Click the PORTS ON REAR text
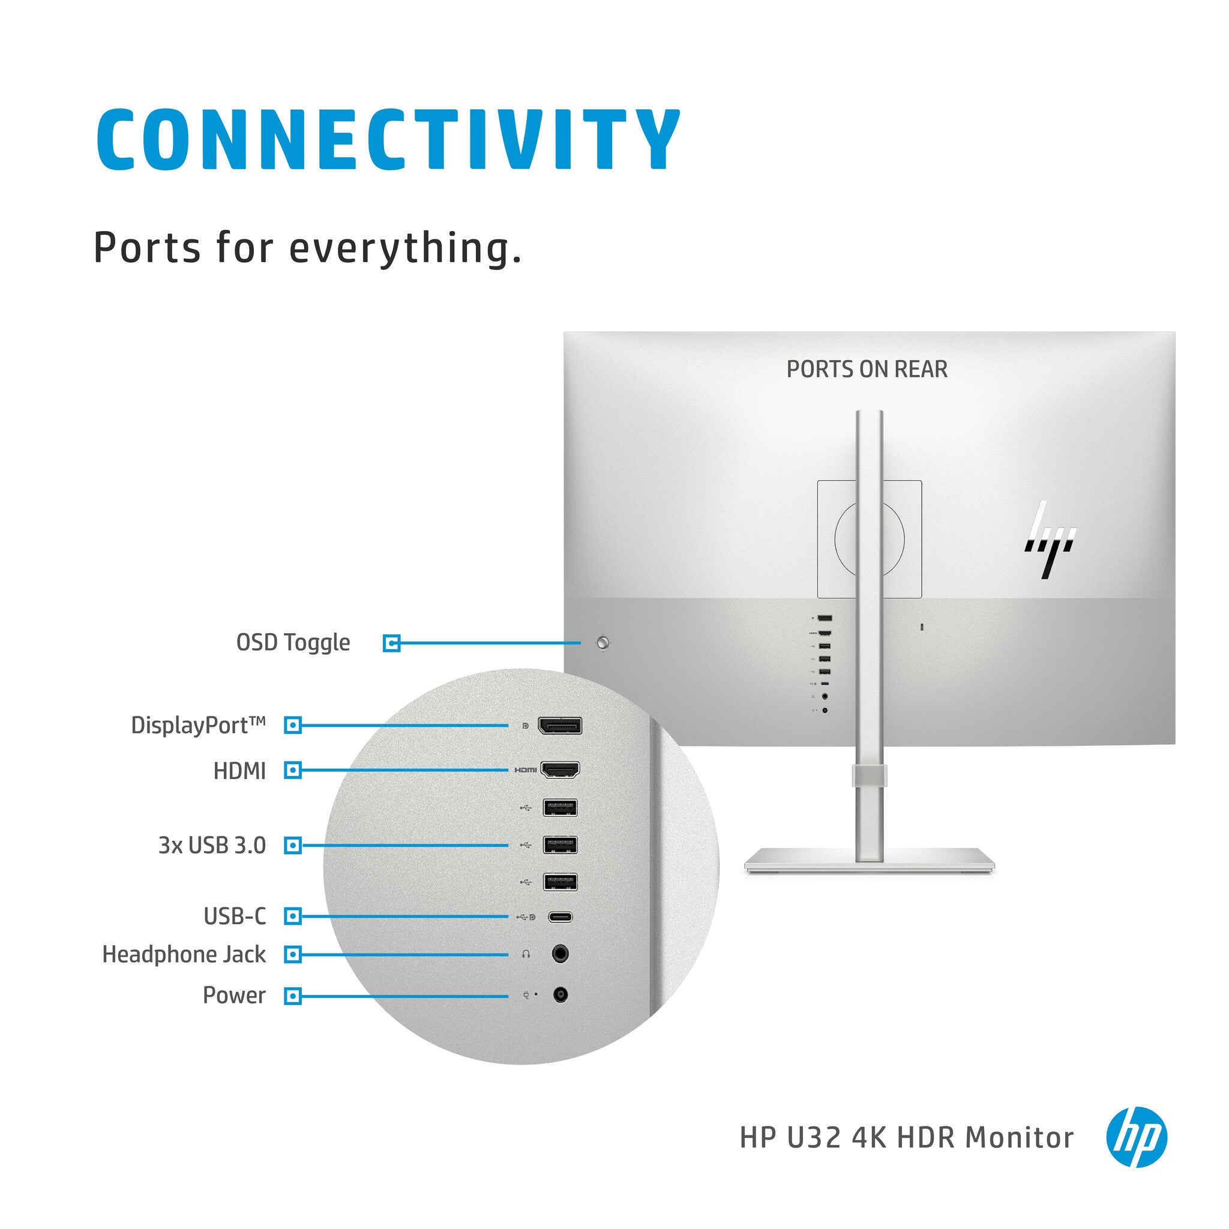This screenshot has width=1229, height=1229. [x=867, y=369]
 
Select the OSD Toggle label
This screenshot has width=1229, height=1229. [x=293, y=643]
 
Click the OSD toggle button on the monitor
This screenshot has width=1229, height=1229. [x=603, y=643]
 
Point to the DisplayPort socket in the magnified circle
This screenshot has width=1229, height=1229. [x=560, y=725]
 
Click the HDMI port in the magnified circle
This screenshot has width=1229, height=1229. [x=560, y=770]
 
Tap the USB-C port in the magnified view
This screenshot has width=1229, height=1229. [x=560, y=917]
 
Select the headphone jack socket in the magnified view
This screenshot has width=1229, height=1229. [x=560, y=954]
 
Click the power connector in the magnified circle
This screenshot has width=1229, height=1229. [x=560, y=994]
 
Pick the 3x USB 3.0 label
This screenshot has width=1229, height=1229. [x=212, y=846]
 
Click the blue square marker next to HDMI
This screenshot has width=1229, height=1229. [x=293, y=771]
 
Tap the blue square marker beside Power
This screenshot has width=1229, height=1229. [x=293, y=996]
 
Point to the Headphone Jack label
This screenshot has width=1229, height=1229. [x=184, y=954]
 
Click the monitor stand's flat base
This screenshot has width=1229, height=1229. [x=870, y=861]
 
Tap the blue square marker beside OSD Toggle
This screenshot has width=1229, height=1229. [x=392, y=643]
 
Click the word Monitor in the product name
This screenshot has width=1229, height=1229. [x=1019, y=1137]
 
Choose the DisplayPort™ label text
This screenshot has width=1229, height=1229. [x=198, y=725]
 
